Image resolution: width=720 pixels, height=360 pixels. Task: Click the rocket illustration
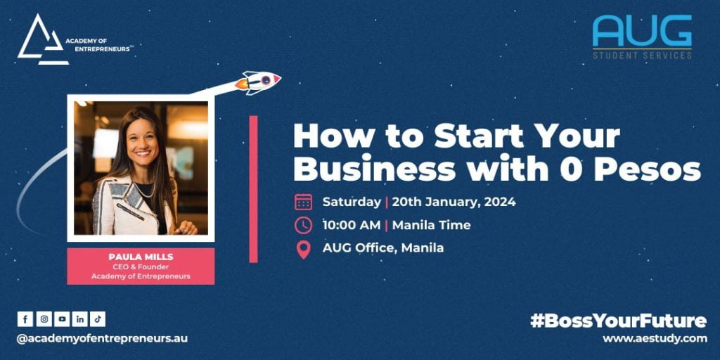[x=257, y=82]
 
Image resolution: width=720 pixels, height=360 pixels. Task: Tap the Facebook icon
[x=25, y=319]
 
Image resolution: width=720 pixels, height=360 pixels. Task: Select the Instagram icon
[x=44, y=319]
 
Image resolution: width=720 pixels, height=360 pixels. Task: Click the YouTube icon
[x=62, y=319]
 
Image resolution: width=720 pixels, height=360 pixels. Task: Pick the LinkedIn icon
[x=80, y=319]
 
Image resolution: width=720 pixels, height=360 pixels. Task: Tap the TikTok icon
[x=98, y=319]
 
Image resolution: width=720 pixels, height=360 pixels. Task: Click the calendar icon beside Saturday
[x=303, y=202]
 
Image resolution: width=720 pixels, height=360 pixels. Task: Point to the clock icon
[x=303, y=225]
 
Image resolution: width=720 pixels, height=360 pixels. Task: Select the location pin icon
[x=303, y=250]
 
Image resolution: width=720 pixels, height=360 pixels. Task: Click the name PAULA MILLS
[x=141, y=257]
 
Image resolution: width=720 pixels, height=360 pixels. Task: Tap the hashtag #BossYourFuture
[x=619, y=321]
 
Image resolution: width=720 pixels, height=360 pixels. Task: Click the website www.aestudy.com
[x=655, y=339]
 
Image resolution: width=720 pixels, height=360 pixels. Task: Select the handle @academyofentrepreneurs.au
[x=102, y=338]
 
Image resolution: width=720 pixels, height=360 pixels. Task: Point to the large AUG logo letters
[x=642, y=30]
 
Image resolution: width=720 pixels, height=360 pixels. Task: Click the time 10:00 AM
[x=352, y=225]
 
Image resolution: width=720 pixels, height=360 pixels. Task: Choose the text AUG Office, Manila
[x=383, y=248]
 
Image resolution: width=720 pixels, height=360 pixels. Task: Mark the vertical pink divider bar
[x=253, y=188]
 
